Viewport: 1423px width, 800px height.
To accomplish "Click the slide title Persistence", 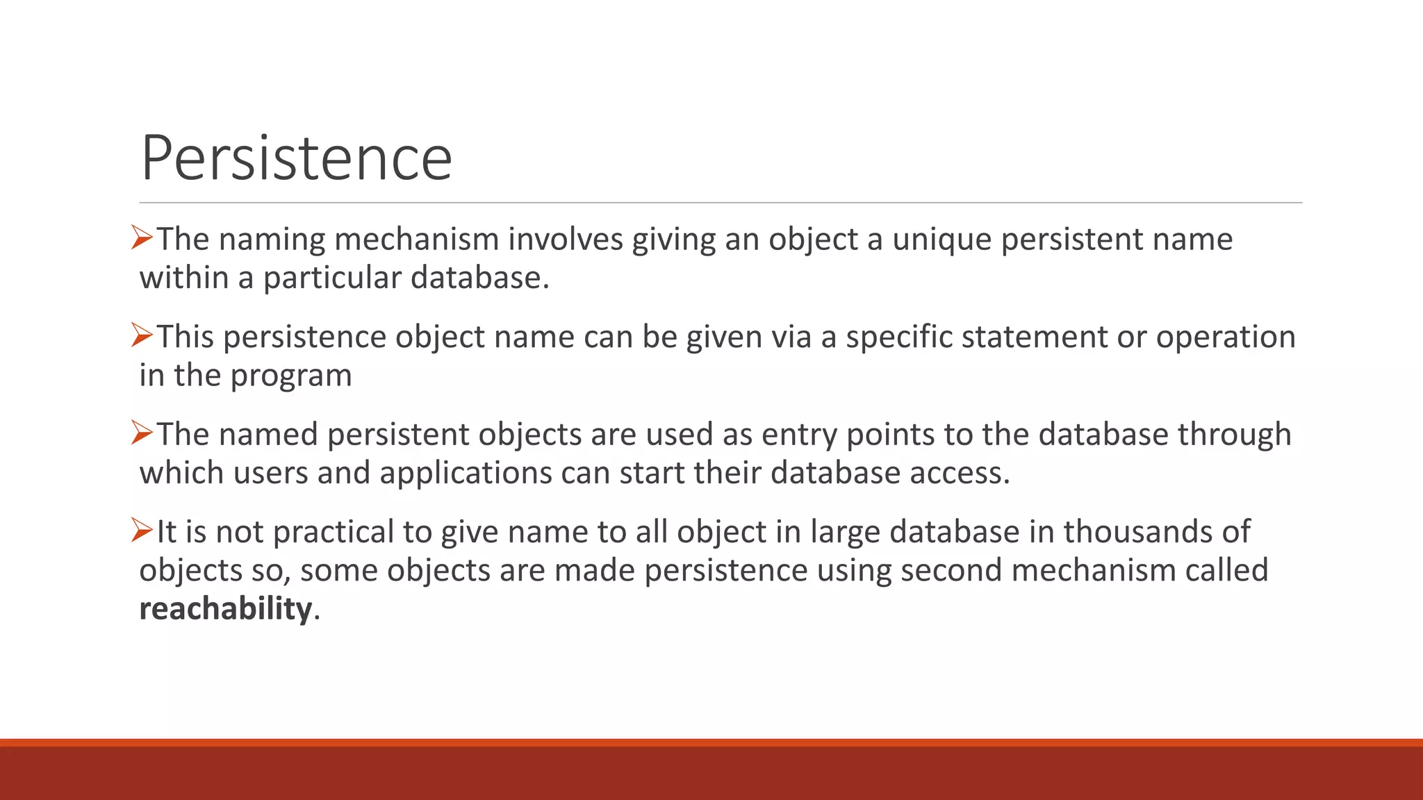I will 297,158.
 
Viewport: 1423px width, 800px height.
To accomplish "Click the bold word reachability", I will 226,609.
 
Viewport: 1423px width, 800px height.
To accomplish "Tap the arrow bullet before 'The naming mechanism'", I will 142,238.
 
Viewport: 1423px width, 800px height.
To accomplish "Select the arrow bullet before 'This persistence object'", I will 142,336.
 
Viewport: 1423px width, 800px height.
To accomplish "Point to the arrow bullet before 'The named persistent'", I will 142,433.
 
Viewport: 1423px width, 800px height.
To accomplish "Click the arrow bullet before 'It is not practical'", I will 142,531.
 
